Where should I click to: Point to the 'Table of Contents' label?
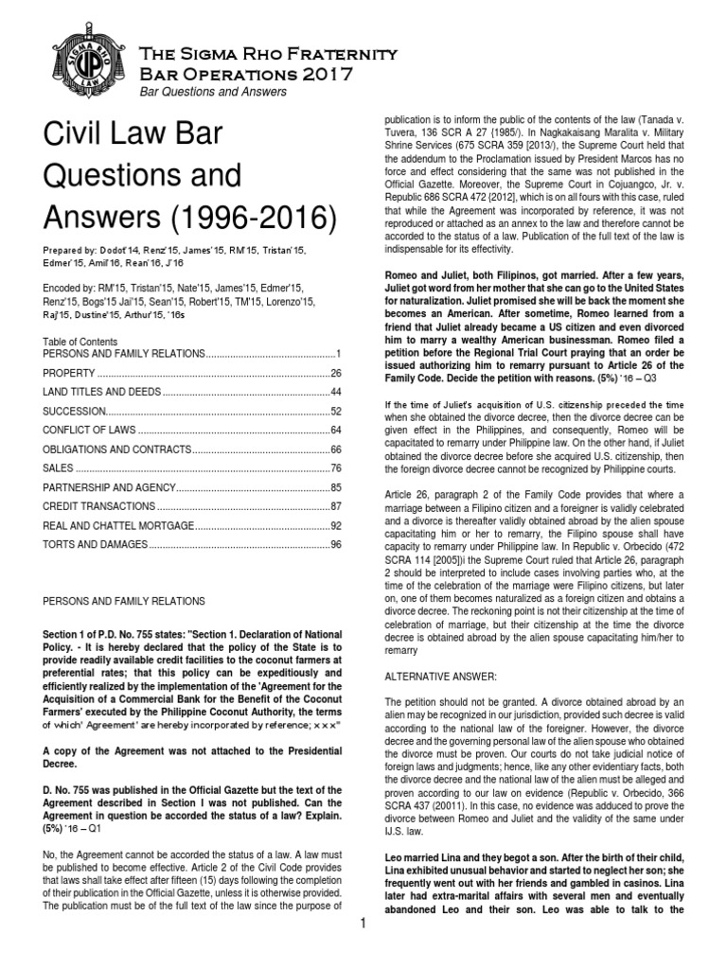[80, 342]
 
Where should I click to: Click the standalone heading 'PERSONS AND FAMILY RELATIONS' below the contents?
[130, 601]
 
